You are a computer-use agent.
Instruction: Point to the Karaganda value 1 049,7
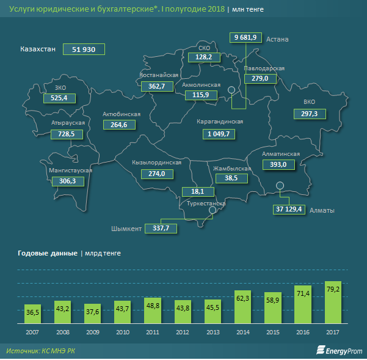click(x=218, y=133)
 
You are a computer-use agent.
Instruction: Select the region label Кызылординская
click(x=157, y=163)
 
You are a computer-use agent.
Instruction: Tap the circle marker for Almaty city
click(x=280, y=186)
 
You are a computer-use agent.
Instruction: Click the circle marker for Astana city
click(x=232, y=90)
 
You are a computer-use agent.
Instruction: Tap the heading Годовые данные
click(x=47, y=252)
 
